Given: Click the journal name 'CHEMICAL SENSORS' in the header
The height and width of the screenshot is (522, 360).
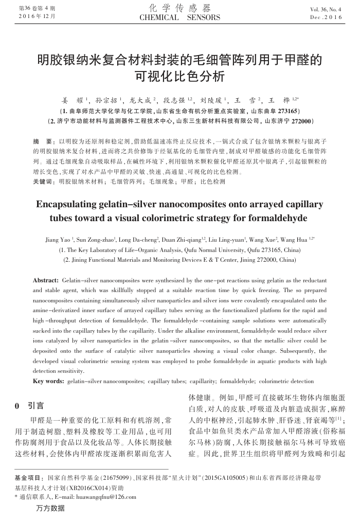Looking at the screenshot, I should coord(179,17).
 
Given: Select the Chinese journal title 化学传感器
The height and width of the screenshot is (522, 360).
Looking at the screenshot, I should coord(180,8).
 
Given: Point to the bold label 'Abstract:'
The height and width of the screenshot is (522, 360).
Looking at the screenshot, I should coord(46,280).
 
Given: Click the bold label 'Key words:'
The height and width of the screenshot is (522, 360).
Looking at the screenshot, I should coord(48,381).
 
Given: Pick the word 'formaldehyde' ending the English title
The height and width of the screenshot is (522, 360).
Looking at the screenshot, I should coord(279,218).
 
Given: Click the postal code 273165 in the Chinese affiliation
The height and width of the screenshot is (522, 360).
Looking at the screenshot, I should coord(280,111).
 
